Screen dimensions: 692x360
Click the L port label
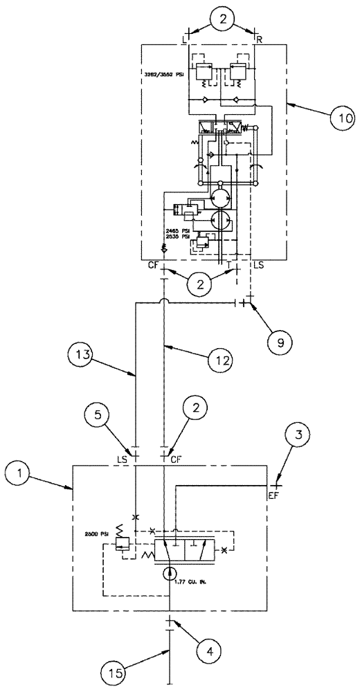click(184, 39)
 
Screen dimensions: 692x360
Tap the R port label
click(258, 39)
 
